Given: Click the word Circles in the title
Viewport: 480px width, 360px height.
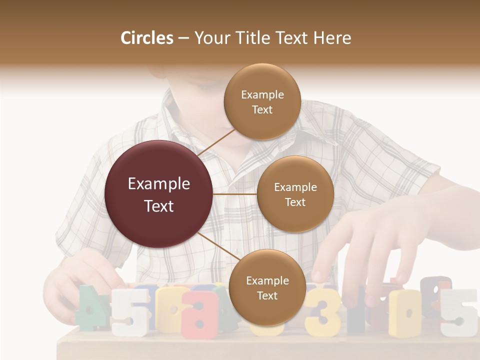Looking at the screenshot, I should pyautogui.click(x=147, y=38).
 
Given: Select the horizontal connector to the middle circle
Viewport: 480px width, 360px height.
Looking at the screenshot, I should pyautogui.click(x=235, y=194).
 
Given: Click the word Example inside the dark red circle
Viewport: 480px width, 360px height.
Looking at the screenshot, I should pyautogui.click(x=158, y=184).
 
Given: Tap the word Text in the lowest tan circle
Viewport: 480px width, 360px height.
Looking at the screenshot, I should pyautogui.click(x=267, y=295).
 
